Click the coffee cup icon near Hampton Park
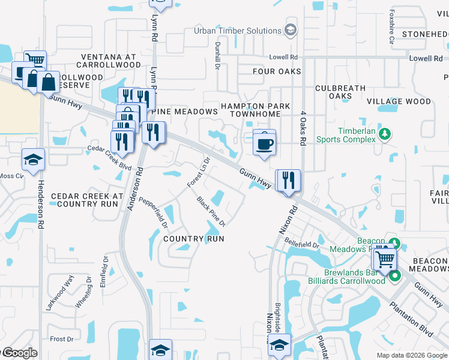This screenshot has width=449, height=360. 264,144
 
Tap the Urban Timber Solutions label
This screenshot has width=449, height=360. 238,31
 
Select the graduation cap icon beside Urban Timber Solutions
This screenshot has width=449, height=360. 291,30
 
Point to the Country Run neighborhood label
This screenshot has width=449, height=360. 194,239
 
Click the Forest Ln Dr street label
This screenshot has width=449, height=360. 198,172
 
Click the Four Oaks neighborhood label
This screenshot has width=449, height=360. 277,72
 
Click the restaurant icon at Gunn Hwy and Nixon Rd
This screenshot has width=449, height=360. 288,181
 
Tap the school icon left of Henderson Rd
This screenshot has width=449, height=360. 34,160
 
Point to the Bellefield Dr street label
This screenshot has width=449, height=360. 304,244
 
